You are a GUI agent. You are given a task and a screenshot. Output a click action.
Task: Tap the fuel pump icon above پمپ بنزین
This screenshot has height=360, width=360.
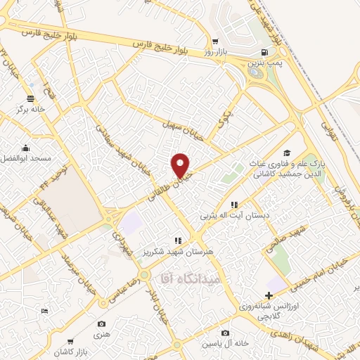coord(263,52)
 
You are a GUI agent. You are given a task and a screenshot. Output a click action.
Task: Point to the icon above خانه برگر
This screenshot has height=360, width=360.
coord(30,99)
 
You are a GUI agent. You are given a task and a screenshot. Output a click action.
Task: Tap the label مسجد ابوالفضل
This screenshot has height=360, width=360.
coord(26,159)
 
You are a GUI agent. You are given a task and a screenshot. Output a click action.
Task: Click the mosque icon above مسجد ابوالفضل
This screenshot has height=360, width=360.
coord(26,148)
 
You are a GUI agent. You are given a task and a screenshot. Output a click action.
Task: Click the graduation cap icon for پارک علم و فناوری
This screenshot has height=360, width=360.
coord(286,153)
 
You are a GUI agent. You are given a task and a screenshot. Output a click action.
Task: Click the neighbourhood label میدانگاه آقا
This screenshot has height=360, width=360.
coord(191,279)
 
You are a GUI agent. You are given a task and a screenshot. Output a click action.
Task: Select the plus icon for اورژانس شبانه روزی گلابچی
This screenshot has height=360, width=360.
coord(269,295)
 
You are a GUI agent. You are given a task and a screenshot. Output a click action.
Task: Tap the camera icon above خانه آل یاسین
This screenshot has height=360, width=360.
coord(225,333)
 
